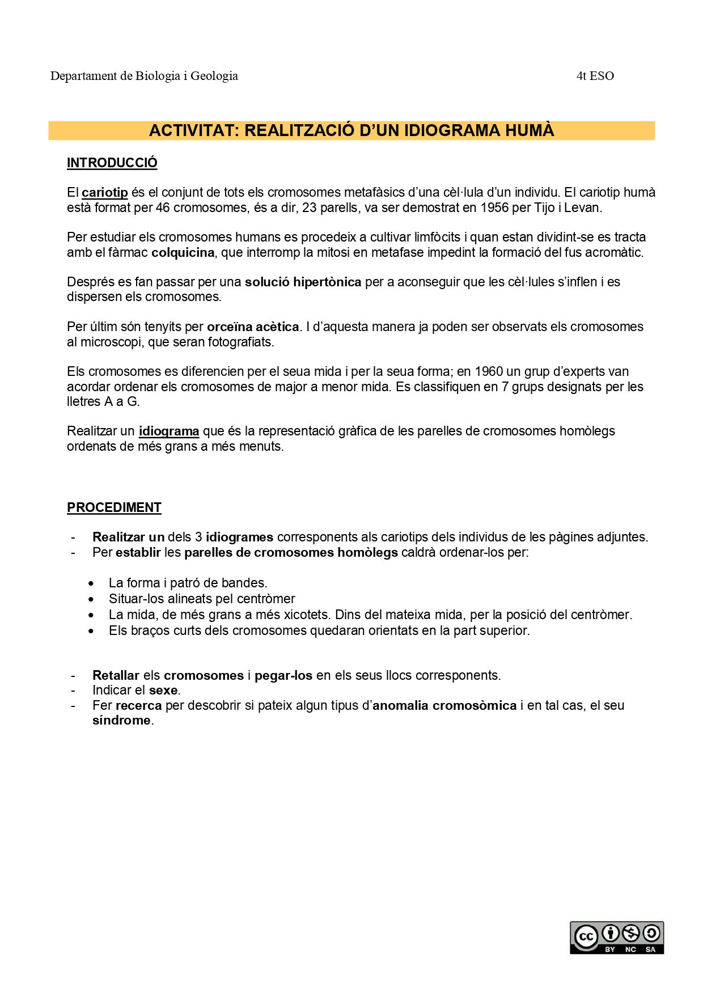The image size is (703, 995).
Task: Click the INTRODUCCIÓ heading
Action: coord(112,163)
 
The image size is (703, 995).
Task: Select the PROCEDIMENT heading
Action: coord(114,507)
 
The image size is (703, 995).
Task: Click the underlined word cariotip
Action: coord(105,193)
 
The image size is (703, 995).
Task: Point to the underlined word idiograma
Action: coord(169,431)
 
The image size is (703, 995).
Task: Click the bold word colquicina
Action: coord(183,253)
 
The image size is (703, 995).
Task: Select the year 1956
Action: coord(494,208)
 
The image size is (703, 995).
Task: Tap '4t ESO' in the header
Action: coord(595,76)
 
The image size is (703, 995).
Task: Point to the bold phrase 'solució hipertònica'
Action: coord(303,282)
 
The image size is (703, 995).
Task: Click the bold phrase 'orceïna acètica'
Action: coord(253,327)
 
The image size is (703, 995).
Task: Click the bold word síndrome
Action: coord(121,721)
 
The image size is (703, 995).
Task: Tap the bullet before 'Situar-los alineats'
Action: coord(91,599)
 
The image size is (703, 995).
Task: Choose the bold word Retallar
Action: coord(116,676)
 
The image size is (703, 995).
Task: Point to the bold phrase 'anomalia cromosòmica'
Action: coord(444,706)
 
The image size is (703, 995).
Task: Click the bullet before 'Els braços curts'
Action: coord(91,631)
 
